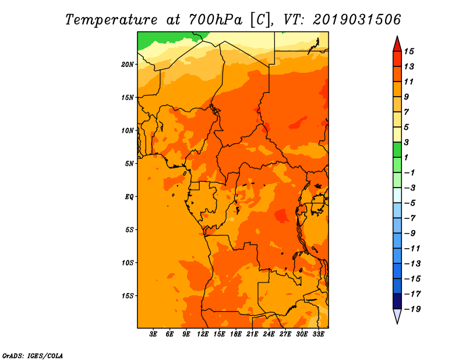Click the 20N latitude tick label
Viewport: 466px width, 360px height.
coord(128,65)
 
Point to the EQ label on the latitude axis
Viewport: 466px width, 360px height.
coord(129,197)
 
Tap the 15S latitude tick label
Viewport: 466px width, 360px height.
coord(128,296)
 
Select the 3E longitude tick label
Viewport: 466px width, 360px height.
coord(153,334)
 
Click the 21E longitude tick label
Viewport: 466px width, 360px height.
coord(252,334)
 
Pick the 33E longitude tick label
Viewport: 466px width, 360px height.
coord(318,334)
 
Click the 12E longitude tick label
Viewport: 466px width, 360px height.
coord(203,334)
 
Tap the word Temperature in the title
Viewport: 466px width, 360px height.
coord(111,20)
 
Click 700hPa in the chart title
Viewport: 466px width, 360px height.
coord(215,20)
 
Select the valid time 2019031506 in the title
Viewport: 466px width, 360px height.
coord(357,20)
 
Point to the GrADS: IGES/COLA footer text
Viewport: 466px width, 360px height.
coord(33,356)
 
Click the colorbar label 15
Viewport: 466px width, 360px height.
coord(409,51)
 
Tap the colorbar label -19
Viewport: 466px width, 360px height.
coord(412,309)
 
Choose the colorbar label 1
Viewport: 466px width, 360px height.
coord(406,157)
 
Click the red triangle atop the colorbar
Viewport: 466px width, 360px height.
coord(397,44)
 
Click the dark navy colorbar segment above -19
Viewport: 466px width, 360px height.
coord(397,301)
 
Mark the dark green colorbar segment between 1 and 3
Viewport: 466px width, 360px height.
coord(397,150)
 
